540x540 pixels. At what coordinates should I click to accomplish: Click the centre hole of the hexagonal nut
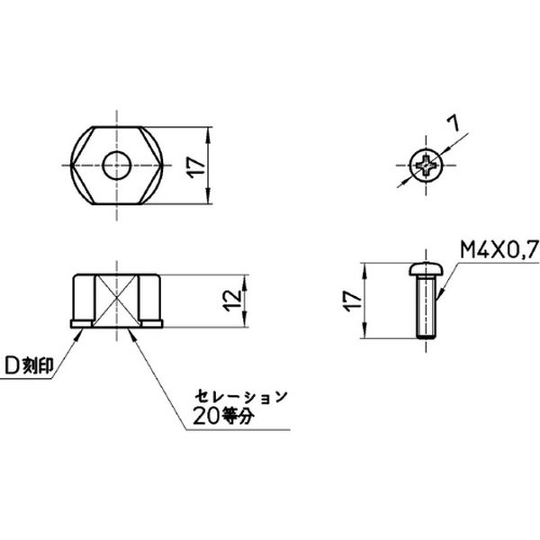pyautogui.click(x=117, y=166)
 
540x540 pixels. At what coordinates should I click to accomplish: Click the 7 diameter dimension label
pyautogui.click(x=454, y=123)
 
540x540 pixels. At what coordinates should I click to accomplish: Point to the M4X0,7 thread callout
pyautogui.click(x=499, y=249)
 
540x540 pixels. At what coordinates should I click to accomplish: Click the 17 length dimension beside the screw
pyautogui.click(x=353, y=301)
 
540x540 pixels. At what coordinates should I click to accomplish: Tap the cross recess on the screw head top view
pyautogui.click(x=427, y=166)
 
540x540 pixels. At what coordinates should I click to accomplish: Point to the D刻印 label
pyautogui.click(x=30, y=367)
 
